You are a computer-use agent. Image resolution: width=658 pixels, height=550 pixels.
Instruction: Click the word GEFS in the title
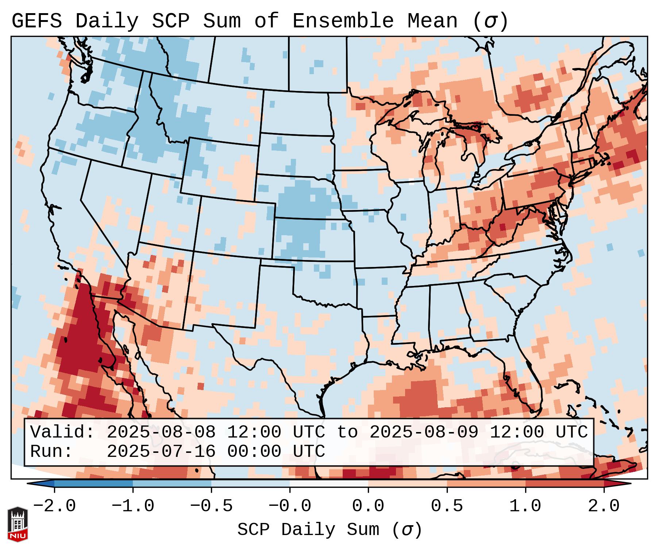pos(36,21)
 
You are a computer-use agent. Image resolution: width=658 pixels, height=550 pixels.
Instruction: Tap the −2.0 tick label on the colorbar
pos(54,506)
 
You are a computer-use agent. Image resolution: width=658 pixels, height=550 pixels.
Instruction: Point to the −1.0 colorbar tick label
pos(133,506)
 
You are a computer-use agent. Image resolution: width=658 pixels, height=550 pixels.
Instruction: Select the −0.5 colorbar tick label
pos(211,506)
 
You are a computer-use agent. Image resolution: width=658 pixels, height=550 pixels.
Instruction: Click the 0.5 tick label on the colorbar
pos(447,506)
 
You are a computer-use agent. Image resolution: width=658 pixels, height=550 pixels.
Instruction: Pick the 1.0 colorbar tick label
pos(525,506)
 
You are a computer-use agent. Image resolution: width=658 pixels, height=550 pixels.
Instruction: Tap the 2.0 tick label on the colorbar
pos(604,506)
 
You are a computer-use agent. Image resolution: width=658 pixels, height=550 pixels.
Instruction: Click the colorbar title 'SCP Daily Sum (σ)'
pos(330,530)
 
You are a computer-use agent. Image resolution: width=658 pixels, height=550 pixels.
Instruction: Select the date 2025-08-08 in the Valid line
pos(161,432)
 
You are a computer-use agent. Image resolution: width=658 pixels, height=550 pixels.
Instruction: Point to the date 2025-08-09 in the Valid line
pos(424,432)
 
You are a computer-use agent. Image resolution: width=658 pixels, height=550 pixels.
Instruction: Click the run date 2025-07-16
pos(161,451)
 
